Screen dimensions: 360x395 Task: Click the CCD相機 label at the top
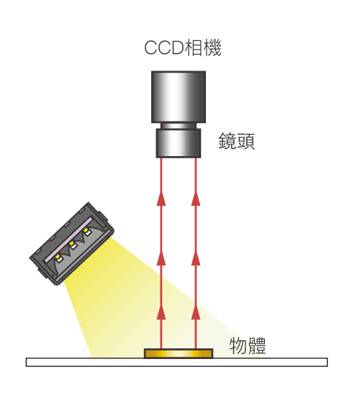point(183,47)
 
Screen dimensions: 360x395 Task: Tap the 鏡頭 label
point(236,141)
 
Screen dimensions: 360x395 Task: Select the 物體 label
point(248,345)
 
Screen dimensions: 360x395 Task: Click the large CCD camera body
point(179,97)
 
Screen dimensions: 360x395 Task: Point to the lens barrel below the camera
point(179,143)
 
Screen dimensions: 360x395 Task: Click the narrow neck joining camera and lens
point(179,126)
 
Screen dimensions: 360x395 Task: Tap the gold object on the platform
point(179,353)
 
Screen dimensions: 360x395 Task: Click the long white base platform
point(176,362)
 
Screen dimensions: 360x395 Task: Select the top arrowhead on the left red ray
point(161,199)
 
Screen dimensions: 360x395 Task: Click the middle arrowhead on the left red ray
point(161,258)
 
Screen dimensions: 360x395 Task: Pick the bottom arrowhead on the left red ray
point(161,313)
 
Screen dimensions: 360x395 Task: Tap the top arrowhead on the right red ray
point(196,199)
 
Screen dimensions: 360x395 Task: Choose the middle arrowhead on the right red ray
point(196,258)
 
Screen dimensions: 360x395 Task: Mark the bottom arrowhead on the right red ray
point(196,313)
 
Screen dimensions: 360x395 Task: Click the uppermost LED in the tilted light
point(86,231)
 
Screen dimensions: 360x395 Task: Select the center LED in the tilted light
point(72,245)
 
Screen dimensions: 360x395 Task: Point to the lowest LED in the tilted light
point(58,258)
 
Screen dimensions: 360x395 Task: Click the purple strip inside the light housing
point(68,240)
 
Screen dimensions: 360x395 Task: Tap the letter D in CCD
point(176,48)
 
